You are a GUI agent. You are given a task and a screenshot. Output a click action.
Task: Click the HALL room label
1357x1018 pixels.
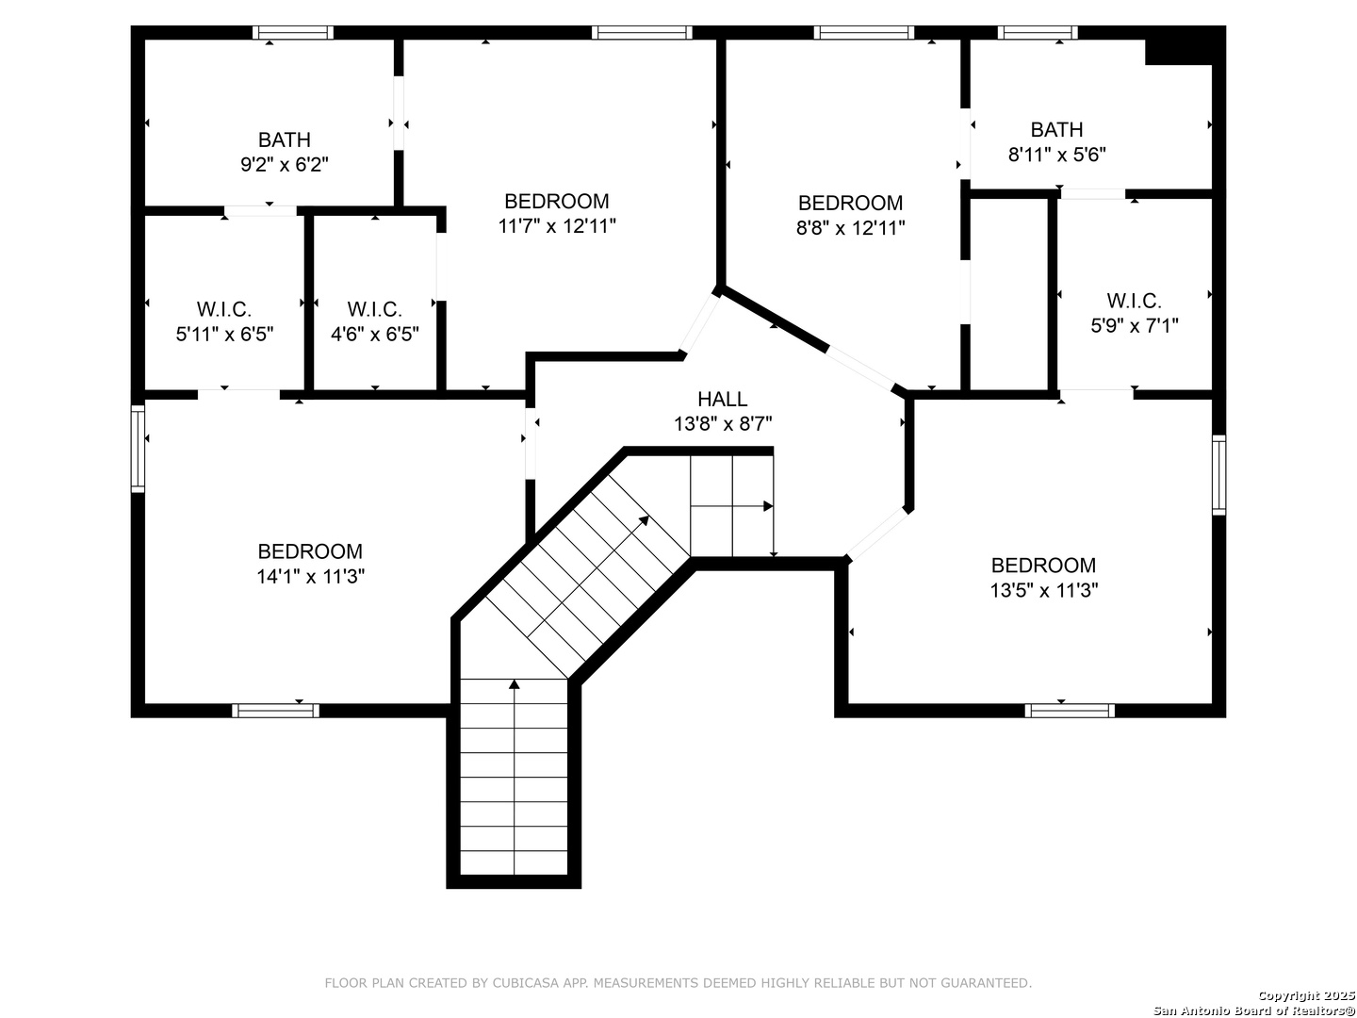pyautogui.click(x=722, y=399)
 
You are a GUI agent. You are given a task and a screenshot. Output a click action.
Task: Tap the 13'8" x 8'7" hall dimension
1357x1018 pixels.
pyautogui.click(x=722, y=424)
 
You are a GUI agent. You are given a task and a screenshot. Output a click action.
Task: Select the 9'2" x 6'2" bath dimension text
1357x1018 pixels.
pyautogui.click(x=284, y=165)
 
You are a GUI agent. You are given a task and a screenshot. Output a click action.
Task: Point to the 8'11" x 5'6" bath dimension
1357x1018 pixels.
pyautogui.click(x=1056, y=155)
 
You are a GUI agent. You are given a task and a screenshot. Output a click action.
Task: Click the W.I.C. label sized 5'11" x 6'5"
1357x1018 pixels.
pyautogui.click(x=224, y=309)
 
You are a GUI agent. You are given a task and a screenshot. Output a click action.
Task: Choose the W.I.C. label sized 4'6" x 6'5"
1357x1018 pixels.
pyautogui.click(x=374, y=309)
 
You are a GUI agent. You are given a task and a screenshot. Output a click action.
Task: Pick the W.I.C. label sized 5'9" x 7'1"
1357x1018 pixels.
pyautogui.click(x=1134, y=301)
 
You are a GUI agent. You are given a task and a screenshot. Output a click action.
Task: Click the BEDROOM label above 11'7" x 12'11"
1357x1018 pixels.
pyautogui.click(x=556, y=201)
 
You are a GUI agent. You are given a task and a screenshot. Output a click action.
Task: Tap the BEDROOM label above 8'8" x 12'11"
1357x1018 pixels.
pyautogui.click(x=850, y=203)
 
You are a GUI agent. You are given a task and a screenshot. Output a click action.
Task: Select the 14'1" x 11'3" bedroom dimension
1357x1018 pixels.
pyautogui.click(x=310, y=576)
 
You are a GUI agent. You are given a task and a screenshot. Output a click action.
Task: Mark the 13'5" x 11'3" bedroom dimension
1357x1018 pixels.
pyautogui.click(x=1043, y=590)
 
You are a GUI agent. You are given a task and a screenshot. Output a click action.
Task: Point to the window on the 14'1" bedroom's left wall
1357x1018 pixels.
pyautogui.click(x=138, y=449)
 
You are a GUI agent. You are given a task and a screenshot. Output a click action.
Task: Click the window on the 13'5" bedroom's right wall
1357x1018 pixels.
pyautogui.click(x=1218, y=475)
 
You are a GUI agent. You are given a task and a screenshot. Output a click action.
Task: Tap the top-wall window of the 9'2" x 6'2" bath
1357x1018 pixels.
pyautogui.click(x=293, y=33)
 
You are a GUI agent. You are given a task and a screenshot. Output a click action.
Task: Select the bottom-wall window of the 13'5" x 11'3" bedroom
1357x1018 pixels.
pyautogui.click(x=1070, y=711)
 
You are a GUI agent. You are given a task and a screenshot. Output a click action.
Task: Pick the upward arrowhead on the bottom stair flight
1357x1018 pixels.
pyautogui.click(x=514, y=683)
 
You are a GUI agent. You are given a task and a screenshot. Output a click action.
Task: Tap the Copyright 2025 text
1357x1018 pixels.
pyautogui.click(x=1304, y=995)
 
